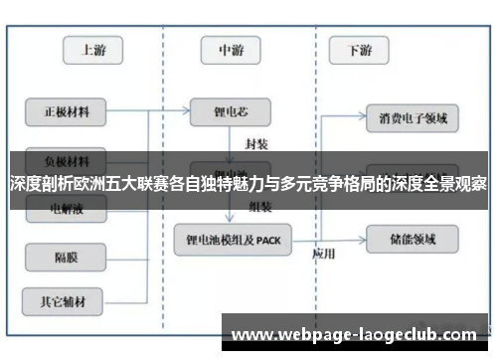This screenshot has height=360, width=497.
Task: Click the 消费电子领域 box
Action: (413, 119)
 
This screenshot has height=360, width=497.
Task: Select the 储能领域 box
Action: (413, 237)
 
